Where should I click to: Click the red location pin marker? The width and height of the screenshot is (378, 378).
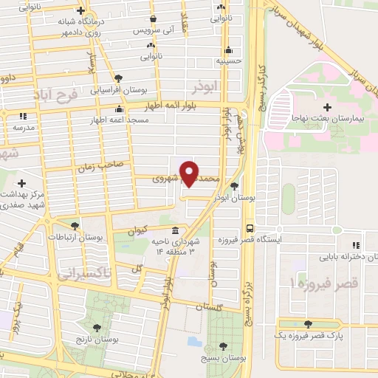[x=190, y=173]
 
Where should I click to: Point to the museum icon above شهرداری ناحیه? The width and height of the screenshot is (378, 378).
[x=175, y=230]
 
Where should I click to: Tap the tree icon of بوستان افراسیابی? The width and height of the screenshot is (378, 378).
[x=118, y=77]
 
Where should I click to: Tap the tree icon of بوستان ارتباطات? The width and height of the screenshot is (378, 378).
[x=74, y=226]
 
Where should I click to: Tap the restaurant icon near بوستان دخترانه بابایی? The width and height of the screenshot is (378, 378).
[x=355, y=245]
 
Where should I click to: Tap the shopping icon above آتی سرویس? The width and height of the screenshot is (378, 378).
[x=153, y=19]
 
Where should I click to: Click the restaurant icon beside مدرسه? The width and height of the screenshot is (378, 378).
[x=22, y=116]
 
